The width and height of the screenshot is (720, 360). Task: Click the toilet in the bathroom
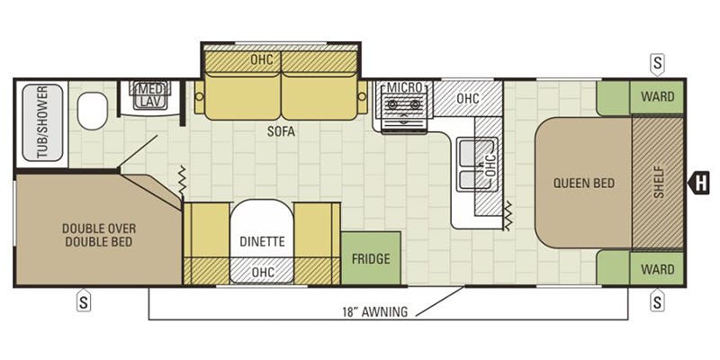click(93, 111)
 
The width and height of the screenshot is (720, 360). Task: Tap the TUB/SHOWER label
click(42, 122)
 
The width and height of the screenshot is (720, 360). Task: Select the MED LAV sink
click(149, 95)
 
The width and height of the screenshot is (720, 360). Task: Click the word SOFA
click(281, 131)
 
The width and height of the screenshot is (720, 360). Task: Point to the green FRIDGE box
click(371, 258)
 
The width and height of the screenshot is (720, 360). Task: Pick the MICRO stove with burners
click(404, 107)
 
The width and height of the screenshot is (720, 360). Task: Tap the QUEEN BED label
click(583, 184)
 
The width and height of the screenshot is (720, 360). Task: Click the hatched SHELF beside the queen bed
click(658, 183)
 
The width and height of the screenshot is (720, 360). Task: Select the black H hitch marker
click(698, 183)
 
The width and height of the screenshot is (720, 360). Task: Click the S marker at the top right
click(658, 64)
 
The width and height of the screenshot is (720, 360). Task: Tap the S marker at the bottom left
click(83, 300)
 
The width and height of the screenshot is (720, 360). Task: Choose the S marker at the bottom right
click(657, 300)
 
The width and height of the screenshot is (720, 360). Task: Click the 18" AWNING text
click(374, 311)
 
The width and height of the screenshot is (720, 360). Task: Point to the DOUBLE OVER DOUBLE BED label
click(99, 235)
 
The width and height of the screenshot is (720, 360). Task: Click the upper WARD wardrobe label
click(658, 96)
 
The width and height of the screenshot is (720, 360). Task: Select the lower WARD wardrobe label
click(658, 268)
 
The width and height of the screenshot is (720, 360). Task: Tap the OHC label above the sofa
click(262, 59)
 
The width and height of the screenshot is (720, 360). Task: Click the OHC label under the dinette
click(263, 272)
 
